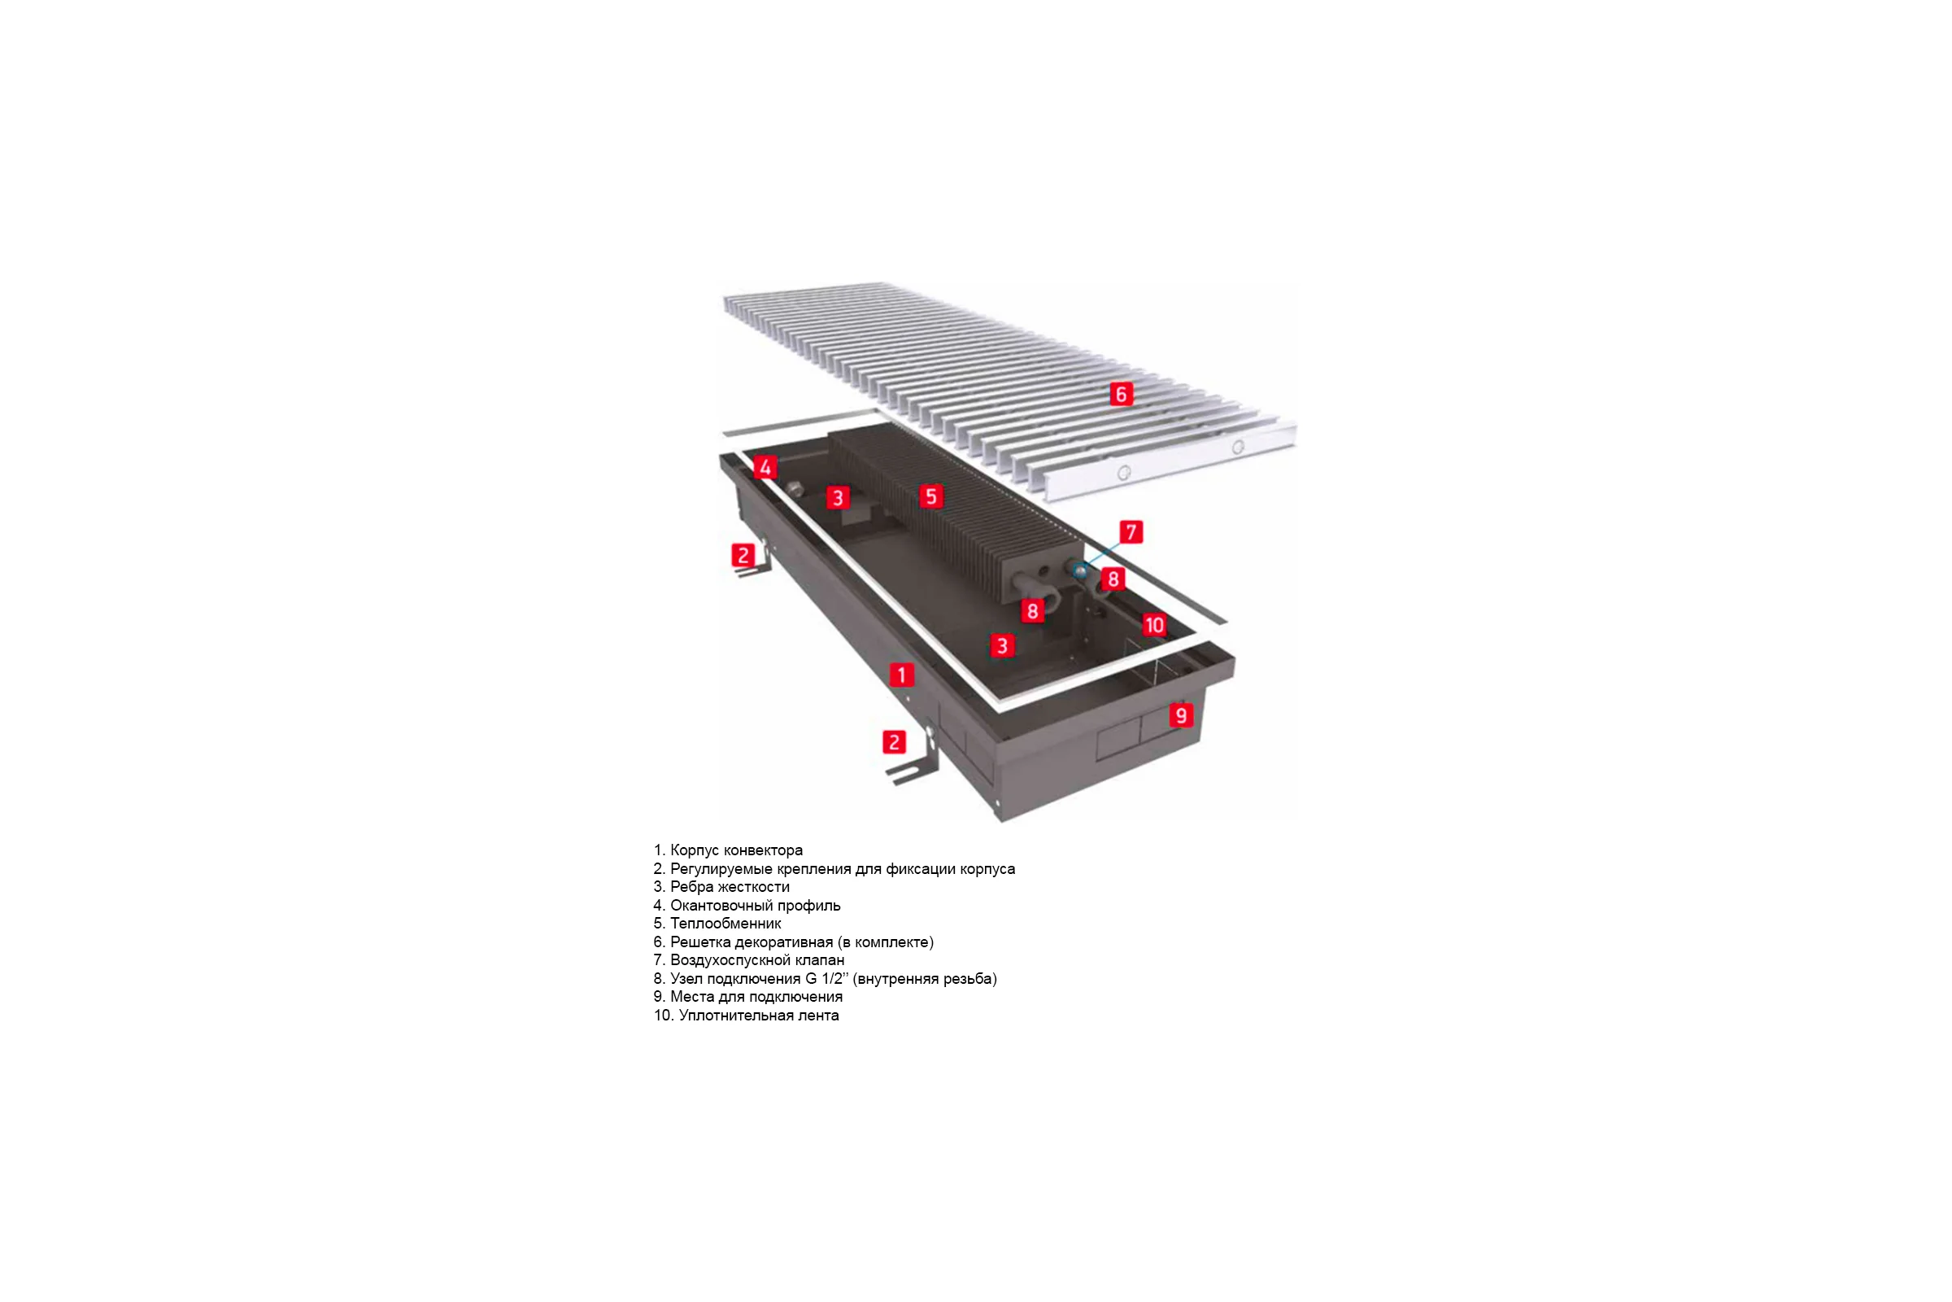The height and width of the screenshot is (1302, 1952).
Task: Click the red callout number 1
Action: [x=901, y=675]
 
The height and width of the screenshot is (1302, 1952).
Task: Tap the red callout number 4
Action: [x=765, y=467]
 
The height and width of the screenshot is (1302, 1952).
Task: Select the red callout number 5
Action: [x=931, y=496]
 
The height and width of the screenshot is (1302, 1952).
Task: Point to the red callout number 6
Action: [x=1122, y=395]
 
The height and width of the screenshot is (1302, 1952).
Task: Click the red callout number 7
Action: [x=1131, y=532]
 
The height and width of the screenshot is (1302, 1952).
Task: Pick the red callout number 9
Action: [x=1181, y=715]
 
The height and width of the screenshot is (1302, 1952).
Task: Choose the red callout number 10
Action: [x=1154, y=625]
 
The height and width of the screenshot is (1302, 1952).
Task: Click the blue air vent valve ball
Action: [x=1080, y=570]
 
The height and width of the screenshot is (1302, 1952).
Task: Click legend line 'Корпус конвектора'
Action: [x=736, y=850]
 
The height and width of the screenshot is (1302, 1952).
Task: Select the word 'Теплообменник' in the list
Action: [x=725, y=924]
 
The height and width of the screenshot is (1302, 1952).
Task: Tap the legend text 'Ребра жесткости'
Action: [x=730, y=887]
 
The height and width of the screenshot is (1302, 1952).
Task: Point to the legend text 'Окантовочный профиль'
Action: [x=756, y=905]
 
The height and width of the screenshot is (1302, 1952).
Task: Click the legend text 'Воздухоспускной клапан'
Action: [x=757, y=960]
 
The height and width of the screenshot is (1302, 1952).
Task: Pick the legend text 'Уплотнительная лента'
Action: [x=759, y=1016]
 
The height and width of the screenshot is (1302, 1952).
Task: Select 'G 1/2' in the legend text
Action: [x=824, y=978]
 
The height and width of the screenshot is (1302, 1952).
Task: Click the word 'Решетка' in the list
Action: [x=700, y=942]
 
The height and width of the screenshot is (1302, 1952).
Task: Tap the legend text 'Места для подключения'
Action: [x=756, y=996]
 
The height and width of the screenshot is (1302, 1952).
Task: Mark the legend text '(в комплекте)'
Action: [x=886, y=942]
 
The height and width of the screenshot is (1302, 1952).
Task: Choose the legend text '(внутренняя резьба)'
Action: [x=925, y=978]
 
